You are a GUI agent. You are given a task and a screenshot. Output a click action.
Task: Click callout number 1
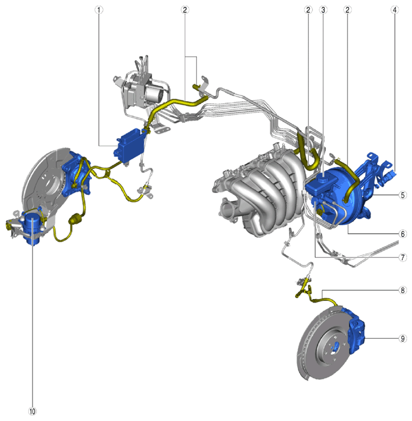click(99, 10)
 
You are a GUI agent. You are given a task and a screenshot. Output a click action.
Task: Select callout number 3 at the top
click(323, 10)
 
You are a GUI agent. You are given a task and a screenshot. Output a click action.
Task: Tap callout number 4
click(394, 10)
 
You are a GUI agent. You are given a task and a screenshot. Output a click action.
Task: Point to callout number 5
click(402, 195)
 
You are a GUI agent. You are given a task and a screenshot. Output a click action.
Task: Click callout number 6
click(402, 234)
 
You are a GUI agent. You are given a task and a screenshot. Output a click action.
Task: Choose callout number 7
click(402, 258)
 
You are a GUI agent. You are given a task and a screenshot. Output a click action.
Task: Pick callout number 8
click(402, 290)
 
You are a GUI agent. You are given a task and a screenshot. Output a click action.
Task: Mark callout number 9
click(402, 339)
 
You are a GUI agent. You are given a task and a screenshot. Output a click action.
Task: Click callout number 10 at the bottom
click(32, 411)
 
